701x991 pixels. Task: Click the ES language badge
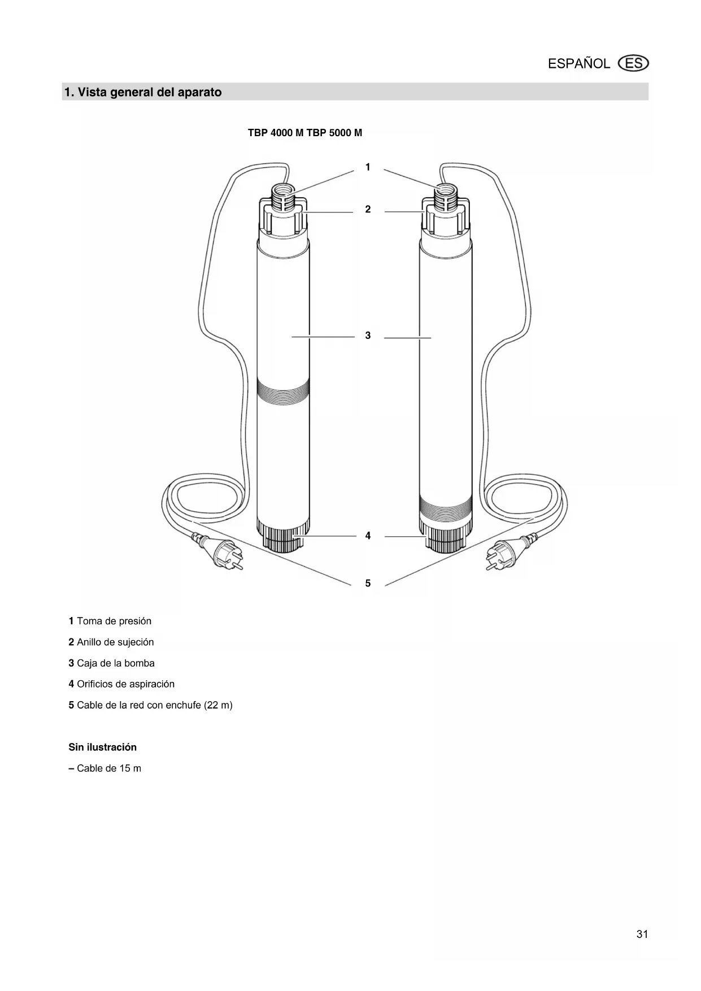tap(634, 63)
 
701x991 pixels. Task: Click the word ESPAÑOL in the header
tap(579, 64)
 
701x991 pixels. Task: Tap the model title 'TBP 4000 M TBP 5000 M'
tap(305, 133)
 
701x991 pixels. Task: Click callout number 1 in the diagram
tap(368, 167)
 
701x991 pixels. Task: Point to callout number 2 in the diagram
tap(368, 210)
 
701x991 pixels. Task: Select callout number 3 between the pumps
tap(368, 336)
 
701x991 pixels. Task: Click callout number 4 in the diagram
tap(368, 536)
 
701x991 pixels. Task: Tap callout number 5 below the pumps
tap(368, 583)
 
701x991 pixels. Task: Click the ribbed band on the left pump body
tap(282, 392)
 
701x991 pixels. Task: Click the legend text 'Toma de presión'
tap(114, 621)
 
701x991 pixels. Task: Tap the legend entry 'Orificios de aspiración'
tap(125, 684)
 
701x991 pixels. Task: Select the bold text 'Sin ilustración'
tap(103, 747)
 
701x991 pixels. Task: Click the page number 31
tap(642, 935)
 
